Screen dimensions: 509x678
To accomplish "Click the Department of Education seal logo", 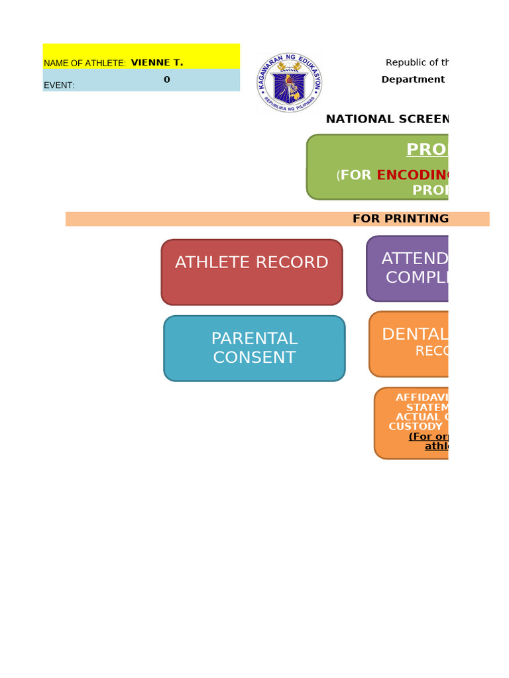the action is click(x=289, y=83).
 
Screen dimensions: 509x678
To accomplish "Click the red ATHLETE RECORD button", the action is click(x=252, y=272).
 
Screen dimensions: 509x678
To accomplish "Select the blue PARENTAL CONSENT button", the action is click(x=254, y=348).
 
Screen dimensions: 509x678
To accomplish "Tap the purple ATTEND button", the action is click(x=408, y=268).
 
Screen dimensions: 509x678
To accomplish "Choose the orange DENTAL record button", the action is click(x=409, y=344).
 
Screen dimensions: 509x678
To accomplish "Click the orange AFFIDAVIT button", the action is click(x=412, y=423).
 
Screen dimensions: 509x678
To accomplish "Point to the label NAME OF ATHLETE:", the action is click(x=85, y=63).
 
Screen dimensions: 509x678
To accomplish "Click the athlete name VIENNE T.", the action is click(x=157, y=62).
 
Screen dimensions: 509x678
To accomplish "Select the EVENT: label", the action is click(x=59, y=85).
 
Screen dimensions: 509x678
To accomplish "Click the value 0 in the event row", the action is click(x=167, y=79).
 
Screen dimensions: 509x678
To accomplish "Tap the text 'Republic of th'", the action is click(x=418, y=62).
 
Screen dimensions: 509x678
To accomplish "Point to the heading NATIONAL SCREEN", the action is click(x=387, y=119).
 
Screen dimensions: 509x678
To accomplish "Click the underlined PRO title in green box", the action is click(x=427, y=150).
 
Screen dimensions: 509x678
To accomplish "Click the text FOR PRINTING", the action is click(x=400, y=218).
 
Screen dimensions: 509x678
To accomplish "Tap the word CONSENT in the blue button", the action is click(x=254, y=358).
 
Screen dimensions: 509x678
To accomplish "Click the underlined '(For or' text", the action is click(x=428, y=436).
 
